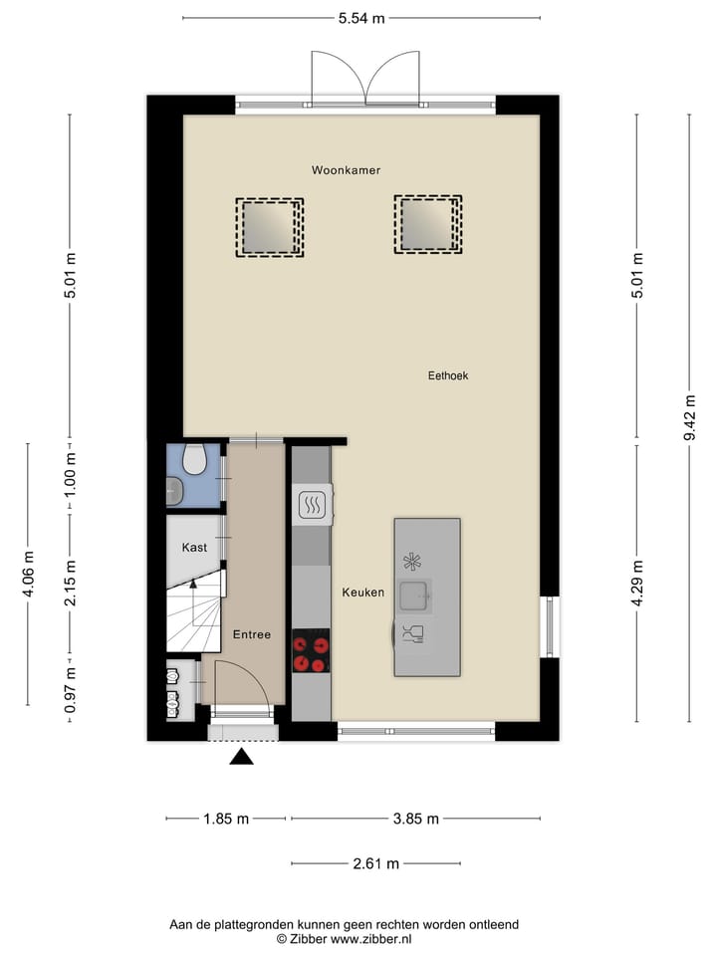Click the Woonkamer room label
346,170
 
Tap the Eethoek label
447,375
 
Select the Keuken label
362,592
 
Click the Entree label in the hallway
252,634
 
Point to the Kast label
194,548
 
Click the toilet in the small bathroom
195,459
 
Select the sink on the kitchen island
414,596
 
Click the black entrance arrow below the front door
242,758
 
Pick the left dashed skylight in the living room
269,227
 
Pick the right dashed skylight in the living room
427,223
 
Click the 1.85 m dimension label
225,819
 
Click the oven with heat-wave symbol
313,505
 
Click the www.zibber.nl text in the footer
371,939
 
